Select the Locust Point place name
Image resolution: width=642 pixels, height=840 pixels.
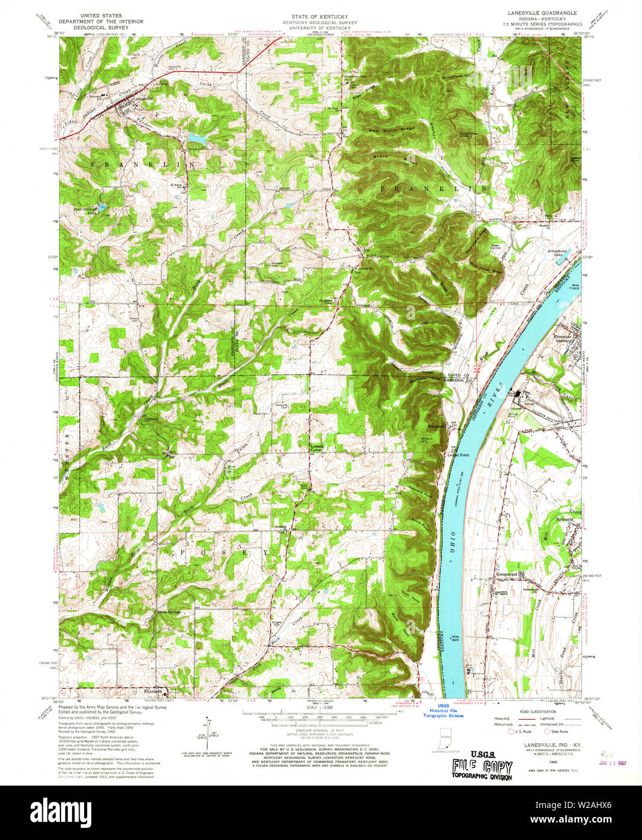(x=457, y=454)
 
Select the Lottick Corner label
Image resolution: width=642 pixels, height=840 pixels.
(x=317, y=448)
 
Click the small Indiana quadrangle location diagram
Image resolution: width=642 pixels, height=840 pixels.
(x=446, y=740)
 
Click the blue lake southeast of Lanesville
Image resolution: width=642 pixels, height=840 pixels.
(x=196, y=138)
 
